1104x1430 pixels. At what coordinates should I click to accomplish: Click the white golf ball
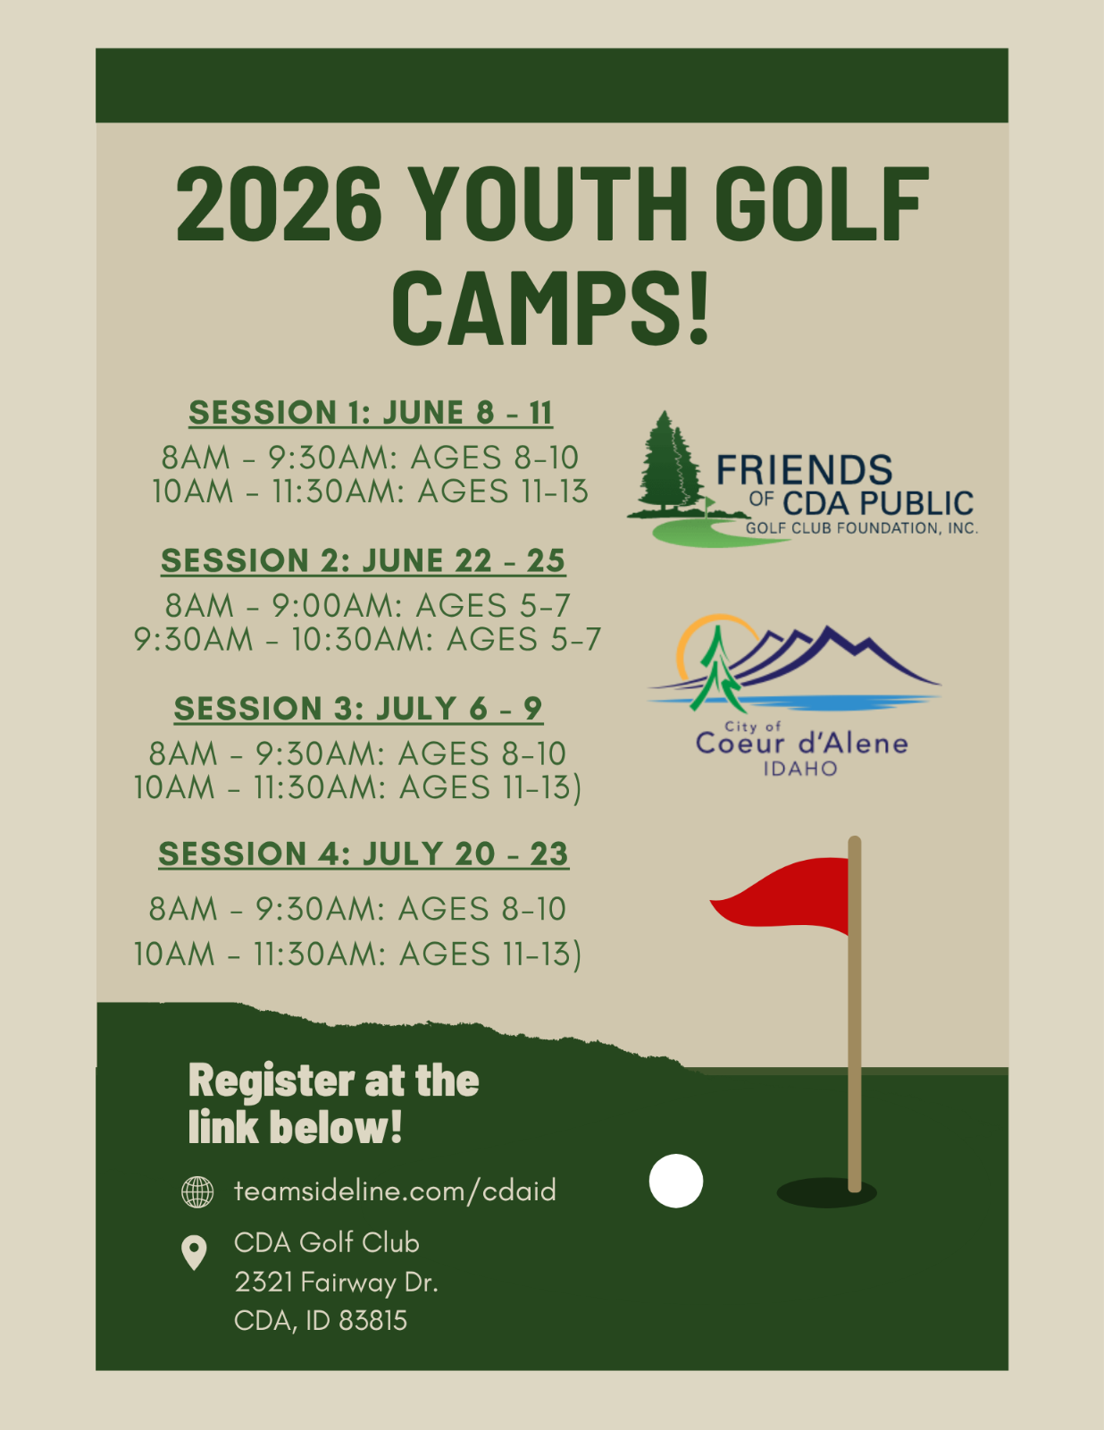(x=676, y=1181)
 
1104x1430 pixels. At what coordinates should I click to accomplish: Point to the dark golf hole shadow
(x=826, y=1192)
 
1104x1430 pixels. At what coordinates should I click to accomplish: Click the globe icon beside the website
(x=197, y=1191)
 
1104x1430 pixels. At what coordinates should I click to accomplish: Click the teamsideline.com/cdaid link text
(x=395, y=1191)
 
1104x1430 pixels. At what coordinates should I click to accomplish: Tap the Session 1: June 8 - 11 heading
(x=370, y=413)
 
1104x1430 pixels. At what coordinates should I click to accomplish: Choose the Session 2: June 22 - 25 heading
(x=363, y=560)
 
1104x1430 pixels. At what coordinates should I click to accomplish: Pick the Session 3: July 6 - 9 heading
(x=358, y=709)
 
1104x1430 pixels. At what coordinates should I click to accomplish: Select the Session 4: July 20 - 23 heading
(x=364, y=854)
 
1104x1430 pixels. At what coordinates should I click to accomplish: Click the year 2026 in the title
(x=279, y=204)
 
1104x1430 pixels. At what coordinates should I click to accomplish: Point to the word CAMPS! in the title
(x=550, y=308)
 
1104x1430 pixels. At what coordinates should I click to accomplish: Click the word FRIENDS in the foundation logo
(x=804, y=470)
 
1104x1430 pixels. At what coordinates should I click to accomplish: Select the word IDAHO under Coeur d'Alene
(x=800, y=769)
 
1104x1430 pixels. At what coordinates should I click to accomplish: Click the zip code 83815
(x=373, y=1321)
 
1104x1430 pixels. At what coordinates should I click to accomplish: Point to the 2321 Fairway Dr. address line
(x=336, y=1282)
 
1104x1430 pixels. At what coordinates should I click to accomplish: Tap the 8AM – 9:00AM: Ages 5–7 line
(x=368, y=605)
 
